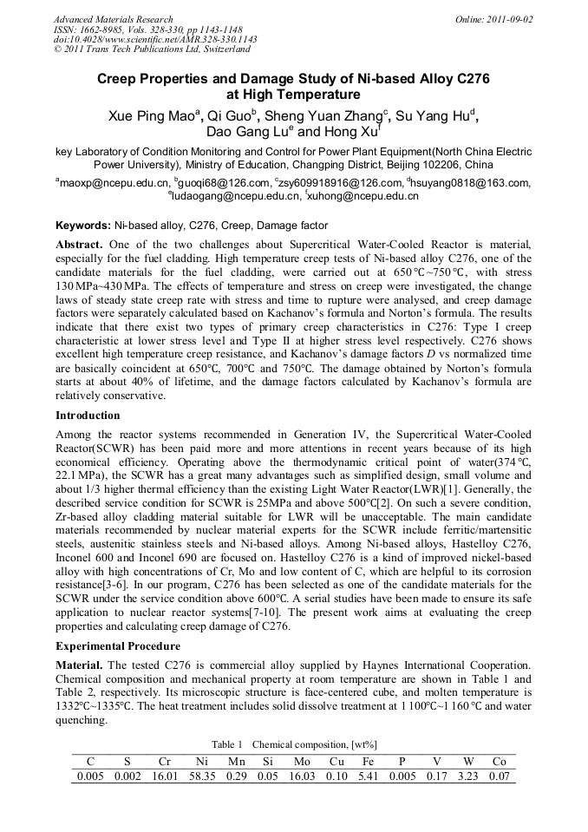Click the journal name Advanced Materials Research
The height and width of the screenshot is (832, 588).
113,19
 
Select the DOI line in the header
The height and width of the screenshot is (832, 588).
155,39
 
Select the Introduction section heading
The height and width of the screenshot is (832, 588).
88,415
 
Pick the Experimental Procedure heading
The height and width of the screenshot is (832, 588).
117,646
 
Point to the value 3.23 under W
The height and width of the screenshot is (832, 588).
467,776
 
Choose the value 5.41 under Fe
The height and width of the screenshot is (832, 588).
369,776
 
